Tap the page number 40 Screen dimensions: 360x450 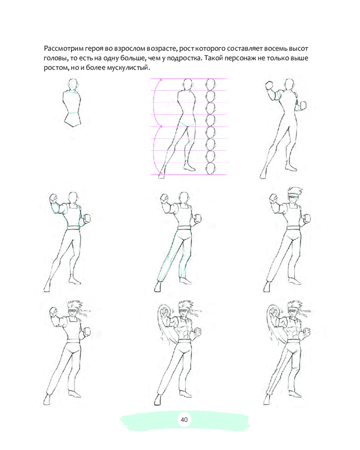tap(184, 419)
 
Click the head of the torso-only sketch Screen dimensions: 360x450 tap(73, 84)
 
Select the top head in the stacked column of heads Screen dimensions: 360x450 tap(211, 85)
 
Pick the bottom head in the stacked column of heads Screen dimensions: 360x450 tap(211, 168)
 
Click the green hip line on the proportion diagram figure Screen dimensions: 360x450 tap(187, 124)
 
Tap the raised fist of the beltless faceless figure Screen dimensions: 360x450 tap(269, 85)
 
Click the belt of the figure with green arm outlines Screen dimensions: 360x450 tap(73, 228)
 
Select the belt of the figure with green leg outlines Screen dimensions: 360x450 tap(184, 228)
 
